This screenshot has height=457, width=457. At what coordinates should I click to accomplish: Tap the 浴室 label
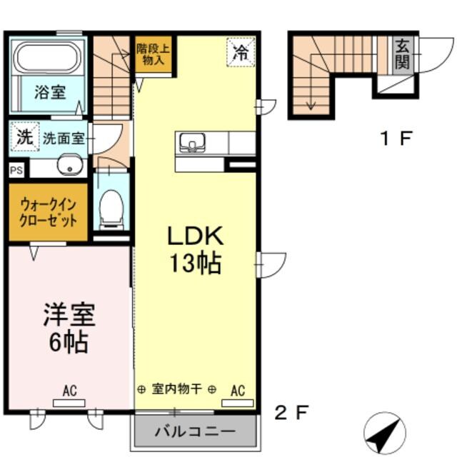[x=51, y=93]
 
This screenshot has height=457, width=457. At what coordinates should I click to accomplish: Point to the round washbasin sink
[x=69, y=169]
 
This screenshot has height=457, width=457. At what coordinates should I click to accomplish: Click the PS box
[x=16, y=170]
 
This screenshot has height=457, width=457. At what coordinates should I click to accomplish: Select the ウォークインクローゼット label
[x=49, y=213]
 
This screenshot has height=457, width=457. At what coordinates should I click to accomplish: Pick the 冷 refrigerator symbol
[x=241, y=51]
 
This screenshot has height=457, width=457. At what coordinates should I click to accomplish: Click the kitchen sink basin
[x=191, y=143]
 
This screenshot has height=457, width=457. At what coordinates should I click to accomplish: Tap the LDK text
[x=196, y=236]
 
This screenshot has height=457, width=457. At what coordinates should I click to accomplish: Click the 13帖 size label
[x=194, y=264]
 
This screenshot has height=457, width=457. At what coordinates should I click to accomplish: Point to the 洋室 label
[x=69, y=315]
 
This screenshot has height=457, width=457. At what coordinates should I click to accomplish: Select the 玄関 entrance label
[x=401, y=54]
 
